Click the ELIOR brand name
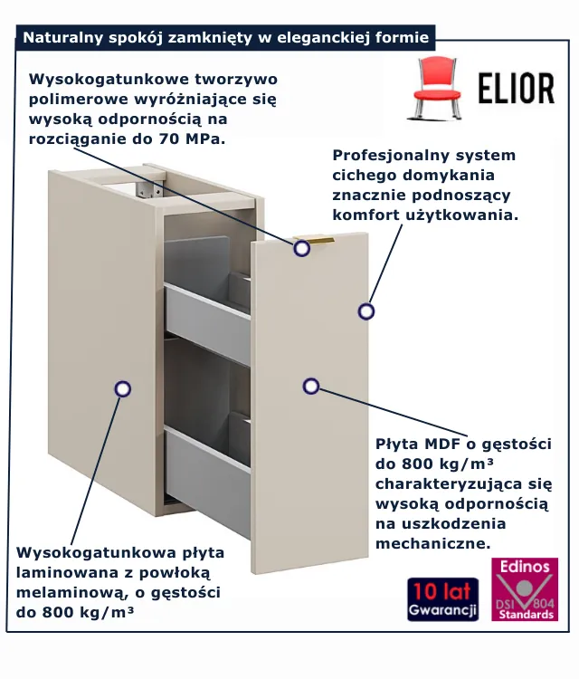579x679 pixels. (x=517, y=89)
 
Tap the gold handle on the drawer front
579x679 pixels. (x=314, y=240)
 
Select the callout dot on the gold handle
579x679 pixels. (x=301, y=249)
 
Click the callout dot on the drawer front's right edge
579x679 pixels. (x=366, y=311)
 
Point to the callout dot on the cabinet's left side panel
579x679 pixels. (x=123, y=389)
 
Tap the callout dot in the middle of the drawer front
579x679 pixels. (x=311, y=387)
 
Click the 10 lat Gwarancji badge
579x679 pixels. (x=443, y=599)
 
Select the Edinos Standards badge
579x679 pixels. (x=525, y=589)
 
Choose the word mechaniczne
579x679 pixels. (x=433, y=543)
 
